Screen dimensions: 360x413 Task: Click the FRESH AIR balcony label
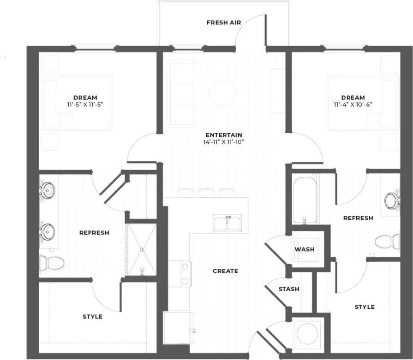224,22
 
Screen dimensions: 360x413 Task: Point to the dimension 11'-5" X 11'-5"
85,105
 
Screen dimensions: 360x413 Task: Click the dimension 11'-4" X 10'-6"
353,105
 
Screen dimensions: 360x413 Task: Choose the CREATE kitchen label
225,271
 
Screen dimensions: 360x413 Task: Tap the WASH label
305,249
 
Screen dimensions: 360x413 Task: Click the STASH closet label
289,289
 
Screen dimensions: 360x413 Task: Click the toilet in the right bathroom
387,241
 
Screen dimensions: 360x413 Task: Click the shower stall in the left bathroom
142,249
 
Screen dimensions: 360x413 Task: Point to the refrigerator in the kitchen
178,328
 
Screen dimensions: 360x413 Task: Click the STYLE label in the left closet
92,317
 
